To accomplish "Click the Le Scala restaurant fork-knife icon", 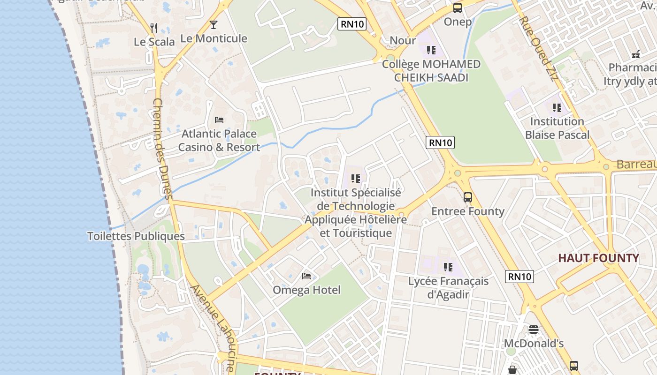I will coord(154,28).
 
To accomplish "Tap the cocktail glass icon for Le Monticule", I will coord(214,25).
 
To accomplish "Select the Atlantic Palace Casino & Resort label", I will coord(219,140).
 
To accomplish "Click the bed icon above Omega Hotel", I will coord(306,276).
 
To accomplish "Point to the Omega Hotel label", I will coord(306,290).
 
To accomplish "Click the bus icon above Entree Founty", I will coord(467,197).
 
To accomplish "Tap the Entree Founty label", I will coord(467,211).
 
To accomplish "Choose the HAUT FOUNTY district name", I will coord(598,258).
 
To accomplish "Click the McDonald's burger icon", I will coord(534,330).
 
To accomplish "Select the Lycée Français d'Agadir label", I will coord(448,287).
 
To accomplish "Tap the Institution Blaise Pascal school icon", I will coord(557,108).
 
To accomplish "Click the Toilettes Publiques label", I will coord(136,236).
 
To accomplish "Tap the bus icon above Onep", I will coord(457,8).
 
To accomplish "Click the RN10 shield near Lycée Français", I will coord(519,277).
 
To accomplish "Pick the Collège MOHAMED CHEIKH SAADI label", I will coord(431,71).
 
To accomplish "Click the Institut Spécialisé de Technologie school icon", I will coord(356,178).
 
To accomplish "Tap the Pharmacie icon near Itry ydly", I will coord(636,54).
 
